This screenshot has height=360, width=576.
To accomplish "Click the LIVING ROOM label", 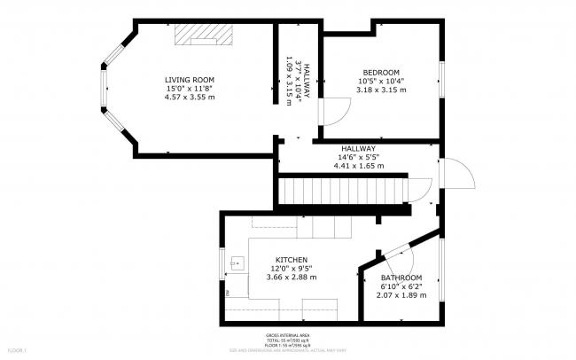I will [190, 80].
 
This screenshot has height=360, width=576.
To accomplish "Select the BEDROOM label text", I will [381, 73].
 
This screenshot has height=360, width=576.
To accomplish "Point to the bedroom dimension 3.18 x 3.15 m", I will [381, 90].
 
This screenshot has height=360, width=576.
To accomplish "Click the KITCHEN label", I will [291, 261].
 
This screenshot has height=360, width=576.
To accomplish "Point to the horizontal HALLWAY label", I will [358, 149].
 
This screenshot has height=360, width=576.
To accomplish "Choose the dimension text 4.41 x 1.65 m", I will [358, 166].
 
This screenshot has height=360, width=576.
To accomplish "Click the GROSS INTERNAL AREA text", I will [287, 335].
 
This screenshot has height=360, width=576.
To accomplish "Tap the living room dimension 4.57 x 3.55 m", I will [190, 97].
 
